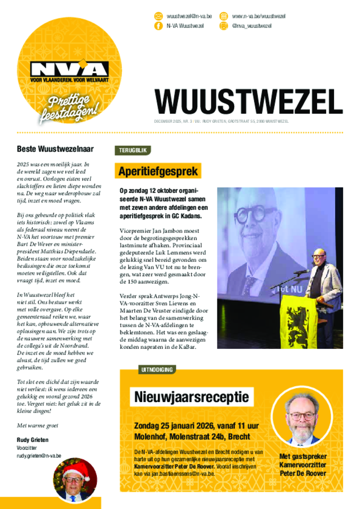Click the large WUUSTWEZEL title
[x=248, y=102]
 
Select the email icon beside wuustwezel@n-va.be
[x=159, y=16]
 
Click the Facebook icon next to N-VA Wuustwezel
[x=159, y=26]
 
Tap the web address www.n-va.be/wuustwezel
[x=259, y=16]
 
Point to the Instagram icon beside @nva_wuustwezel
[x=224, y=26]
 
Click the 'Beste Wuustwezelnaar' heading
[x=55, y=149]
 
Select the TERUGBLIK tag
[x=132, y=150]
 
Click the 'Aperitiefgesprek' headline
[x=158, y=171]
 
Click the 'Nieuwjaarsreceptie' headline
[x=191, y=397]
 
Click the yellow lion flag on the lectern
[x=298, y=322]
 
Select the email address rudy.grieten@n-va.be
[x=39, y=455]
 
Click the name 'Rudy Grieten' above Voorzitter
[x=33, y=440]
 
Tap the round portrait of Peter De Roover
[x=302, y=417]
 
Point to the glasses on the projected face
[x=257, y=214]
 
